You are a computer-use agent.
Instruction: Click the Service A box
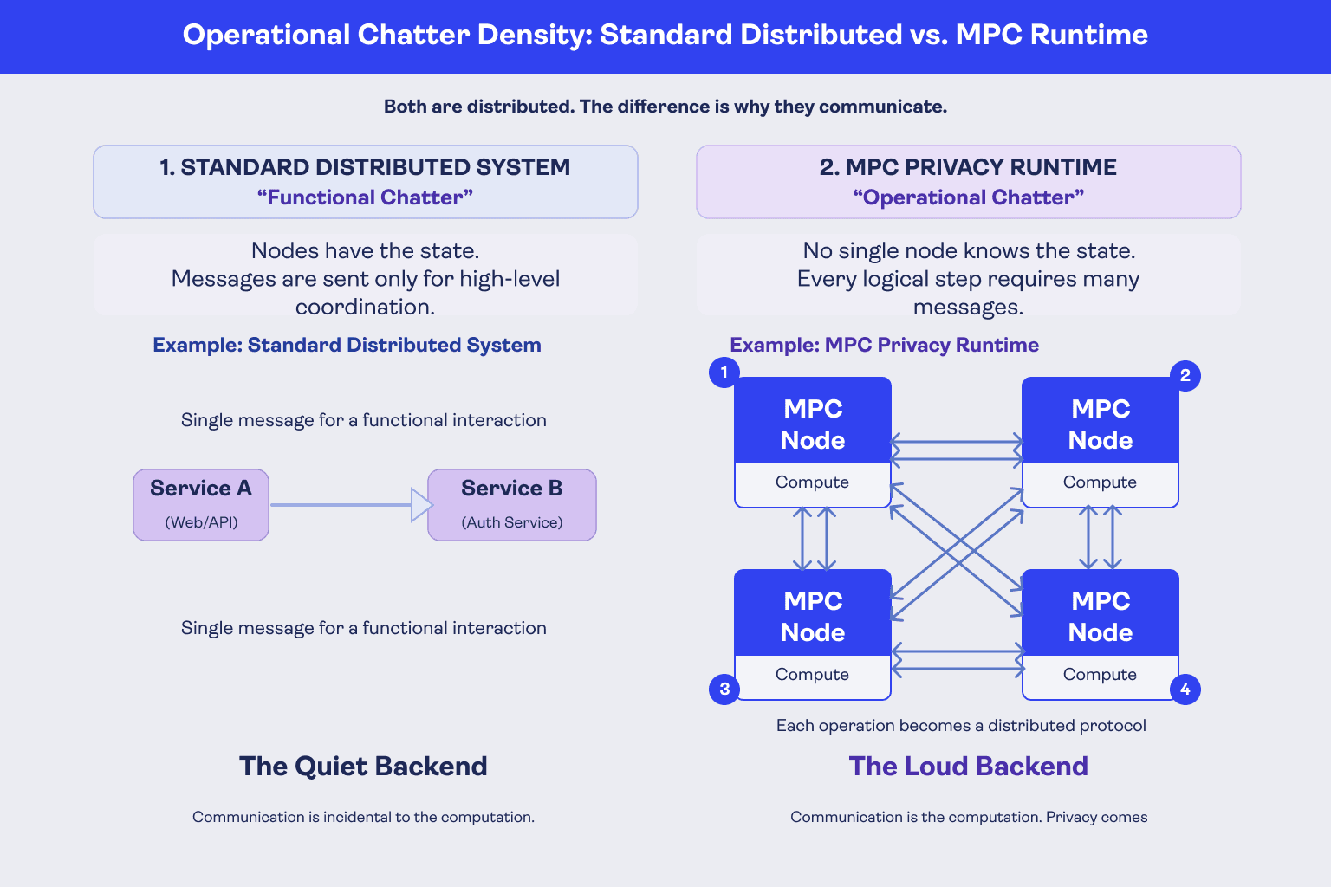point(201,505)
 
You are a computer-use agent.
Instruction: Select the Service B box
point(511,505)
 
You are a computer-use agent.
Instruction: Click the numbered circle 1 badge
point(724,372)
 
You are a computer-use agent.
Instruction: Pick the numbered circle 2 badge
point(1185,375)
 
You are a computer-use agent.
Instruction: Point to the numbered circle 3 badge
point(724,690)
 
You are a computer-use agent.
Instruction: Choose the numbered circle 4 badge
point(1185,690)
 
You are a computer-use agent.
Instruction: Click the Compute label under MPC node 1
point(812,482)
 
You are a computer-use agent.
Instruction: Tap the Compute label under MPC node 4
point(1100,674)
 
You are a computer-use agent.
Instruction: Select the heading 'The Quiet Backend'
point(363,767)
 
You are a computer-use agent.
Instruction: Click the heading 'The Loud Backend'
point(968,767)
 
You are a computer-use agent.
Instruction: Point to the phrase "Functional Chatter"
point(365,197)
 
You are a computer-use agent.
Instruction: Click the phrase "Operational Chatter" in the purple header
point(968,197)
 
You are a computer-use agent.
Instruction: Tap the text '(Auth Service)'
point(511,522)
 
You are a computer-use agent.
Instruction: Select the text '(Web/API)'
point(201,522)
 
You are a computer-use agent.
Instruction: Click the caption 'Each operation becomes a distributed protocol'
point(961,725)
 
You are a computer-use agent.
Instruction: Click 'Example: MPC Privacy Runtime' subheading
point(884,345)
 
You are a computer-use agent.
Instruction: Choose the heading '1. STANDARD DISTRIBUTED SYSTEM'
point(365,167)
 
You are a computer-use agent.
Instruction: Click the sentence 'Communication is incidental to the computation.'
point(363,817)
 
